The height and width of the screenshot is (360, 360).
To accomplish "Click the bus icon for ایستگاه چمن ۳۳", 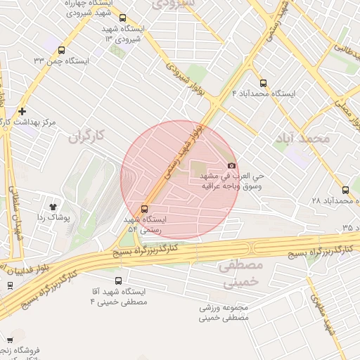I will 62,51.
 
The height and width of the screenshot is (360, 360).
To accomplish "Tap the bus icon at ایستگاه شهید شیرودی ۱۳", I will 123,19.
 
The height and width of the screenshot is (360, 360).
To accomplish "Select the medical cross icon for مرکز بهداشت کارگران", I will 22,111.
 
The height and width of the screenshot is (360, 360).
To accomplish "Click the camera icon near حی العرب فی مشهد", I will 231,165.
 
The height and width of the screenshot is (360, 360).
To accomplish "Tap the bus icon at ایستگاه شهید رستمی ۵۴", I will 145,209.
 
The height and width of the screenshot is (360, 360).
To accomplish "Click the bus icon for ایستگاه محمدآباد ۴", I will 263,83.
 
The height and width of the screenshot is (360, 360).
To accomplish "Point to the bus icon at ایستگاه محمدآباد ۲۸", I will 345,190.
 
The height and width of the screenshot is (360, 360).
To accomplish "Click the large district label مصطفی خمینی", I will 239,274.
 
